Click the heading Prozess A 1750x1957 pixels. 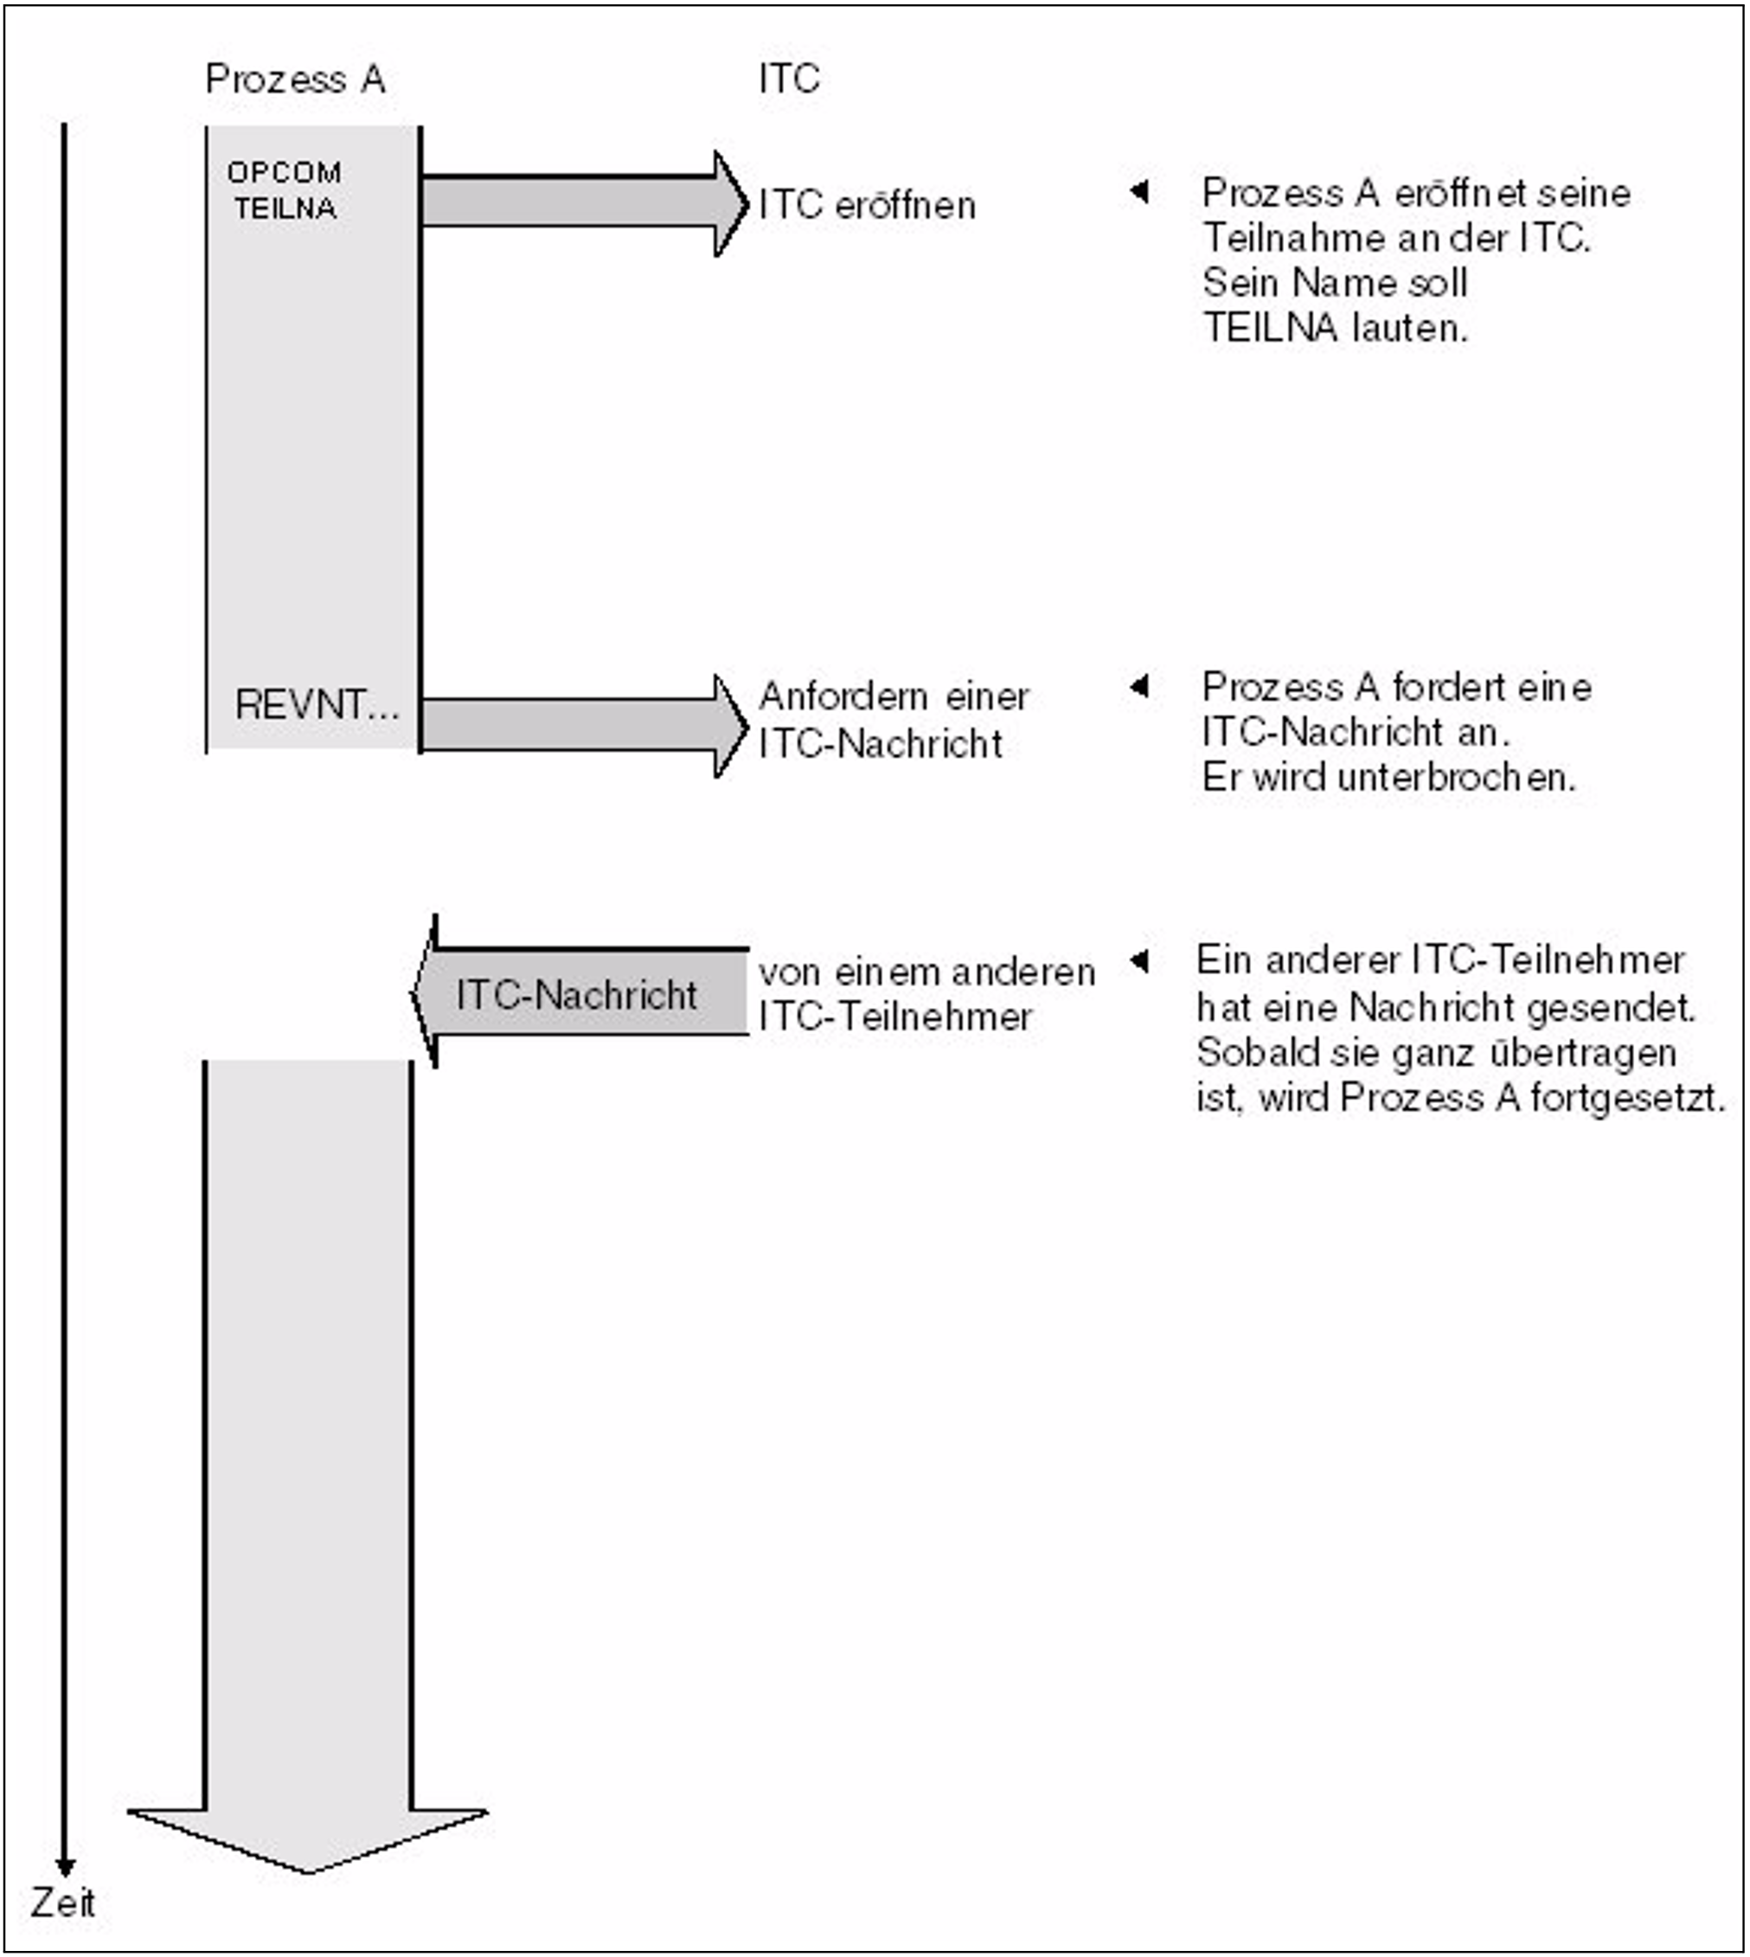pos(295,79)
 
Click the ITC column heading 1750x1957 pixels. pos(788,79)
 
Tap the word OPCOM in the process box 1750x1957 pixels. pos(284,173)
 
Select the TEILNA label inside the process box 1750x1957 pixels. pos(285,209)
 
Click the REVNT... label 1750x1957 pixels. pos(317,705)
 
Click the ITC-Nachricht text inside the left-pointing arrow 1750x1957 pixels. pos(577,995)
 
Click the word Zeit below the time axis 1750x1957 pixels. pos(62,1903)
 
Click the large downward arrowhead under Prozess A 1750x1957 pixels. pos(308,1838)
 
